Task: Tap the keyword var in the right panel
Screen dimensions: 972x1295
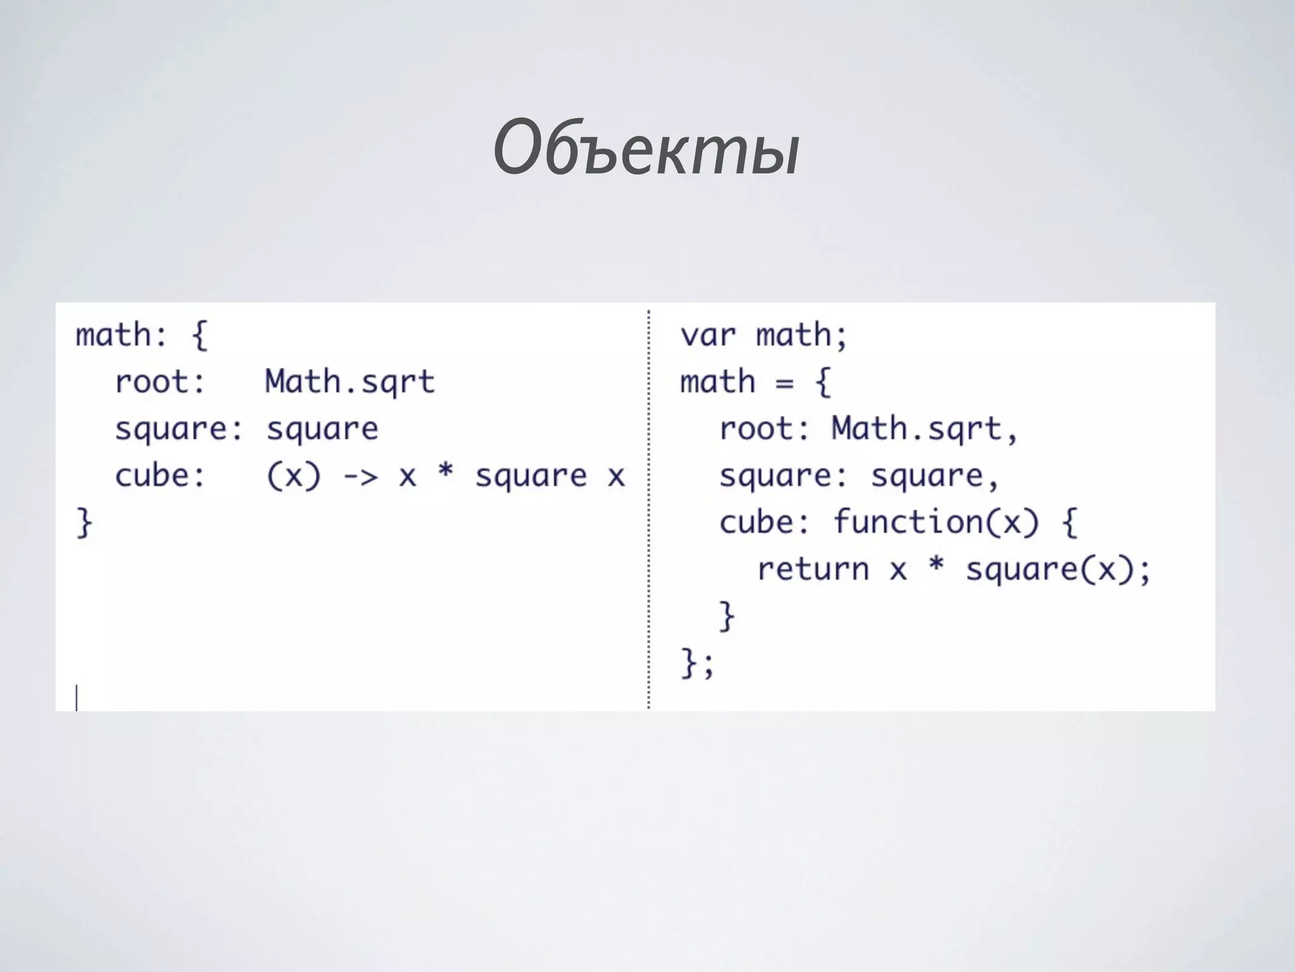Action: [x=708, y=335]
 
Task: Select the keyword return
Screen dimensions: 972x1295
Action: [x=813, y=570]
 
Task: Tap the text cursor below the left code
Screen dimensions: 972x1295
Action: [x=77, y=697]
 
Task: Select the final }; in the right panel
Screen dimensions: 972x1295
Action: [x=697, y=663]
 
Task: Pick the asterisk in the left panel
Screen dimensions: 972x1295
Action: [x=446, y=475]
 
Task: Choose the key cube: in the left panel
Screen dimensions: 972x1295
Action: [x=160, y=477]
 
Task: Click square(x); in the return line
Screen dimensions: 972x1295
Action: [x=1058, y=570]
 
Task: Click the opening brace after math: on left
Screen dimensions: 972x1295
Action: [x=199, y=335]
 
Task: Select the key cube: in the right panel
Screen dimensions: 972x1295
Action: [x=764, y=523]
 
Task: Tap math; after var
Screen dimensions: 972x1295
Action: [x=801, y=335]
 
